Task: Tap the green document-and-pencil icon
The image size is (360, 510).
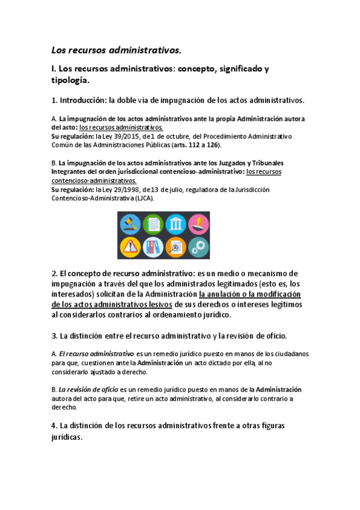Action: pos(152,224)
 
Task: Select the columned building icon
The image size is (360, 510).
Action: pos(175,224)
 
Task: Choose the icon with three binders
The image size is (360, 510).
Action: pos(152,247)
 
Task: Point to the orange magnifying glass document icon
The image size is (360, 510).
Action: pos(175,247)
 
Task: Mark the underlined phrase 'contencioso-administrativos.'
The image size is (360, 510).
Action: pos(94,180)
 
